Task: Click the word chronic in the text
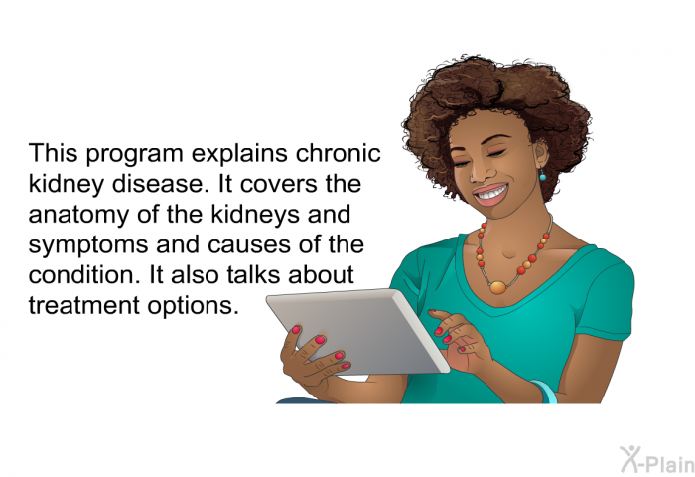pyautogui.click(x=339, y=153)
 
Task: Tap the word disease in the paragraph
pyautogui.click(x=160, y=184)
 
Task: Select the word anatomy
pyautogui.click(x=78, y=216)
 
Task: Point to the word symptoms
pyautogui.click(x=88, y=245)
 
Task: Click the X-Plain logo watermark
pyautogui.click(x=657, y=460)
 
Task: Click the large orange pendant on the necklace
pyautogui.click(x=498, y=287)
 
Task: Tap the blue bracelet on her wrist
pyautogui.click(x=544, y=392)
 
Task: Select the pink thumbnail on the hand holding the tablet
pyautogui.click(x=296, y=330)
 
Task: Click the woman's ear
pyautogui.click(x=541, y=153)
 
